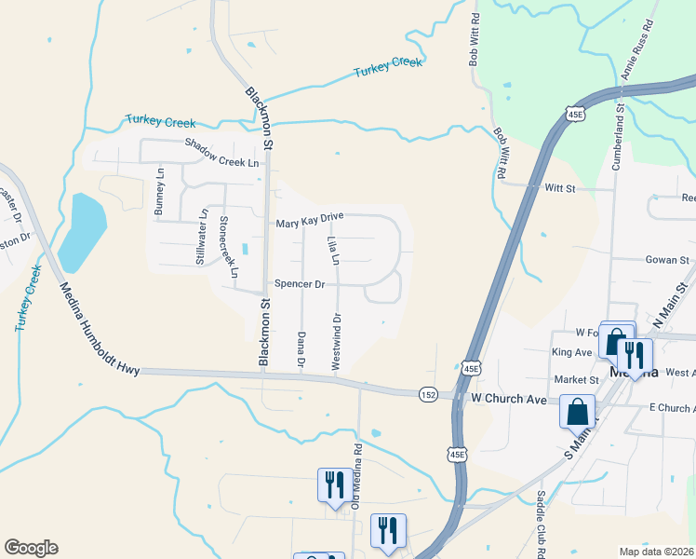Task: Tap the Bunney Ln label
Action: tap(159, 193)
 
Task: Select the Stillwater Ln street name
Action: tap(202, 238)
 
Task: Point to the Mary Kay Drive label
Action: tap(310, 220)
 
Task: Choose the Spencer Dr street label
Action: tap(299, 284)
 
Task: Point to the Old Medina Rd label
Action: tap(356, 474)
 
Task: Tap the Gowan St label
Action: tap(667, 261)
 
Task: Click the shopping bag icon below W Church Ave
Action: tap(577, 410)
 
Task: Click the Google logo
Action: tap(31, 548)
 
